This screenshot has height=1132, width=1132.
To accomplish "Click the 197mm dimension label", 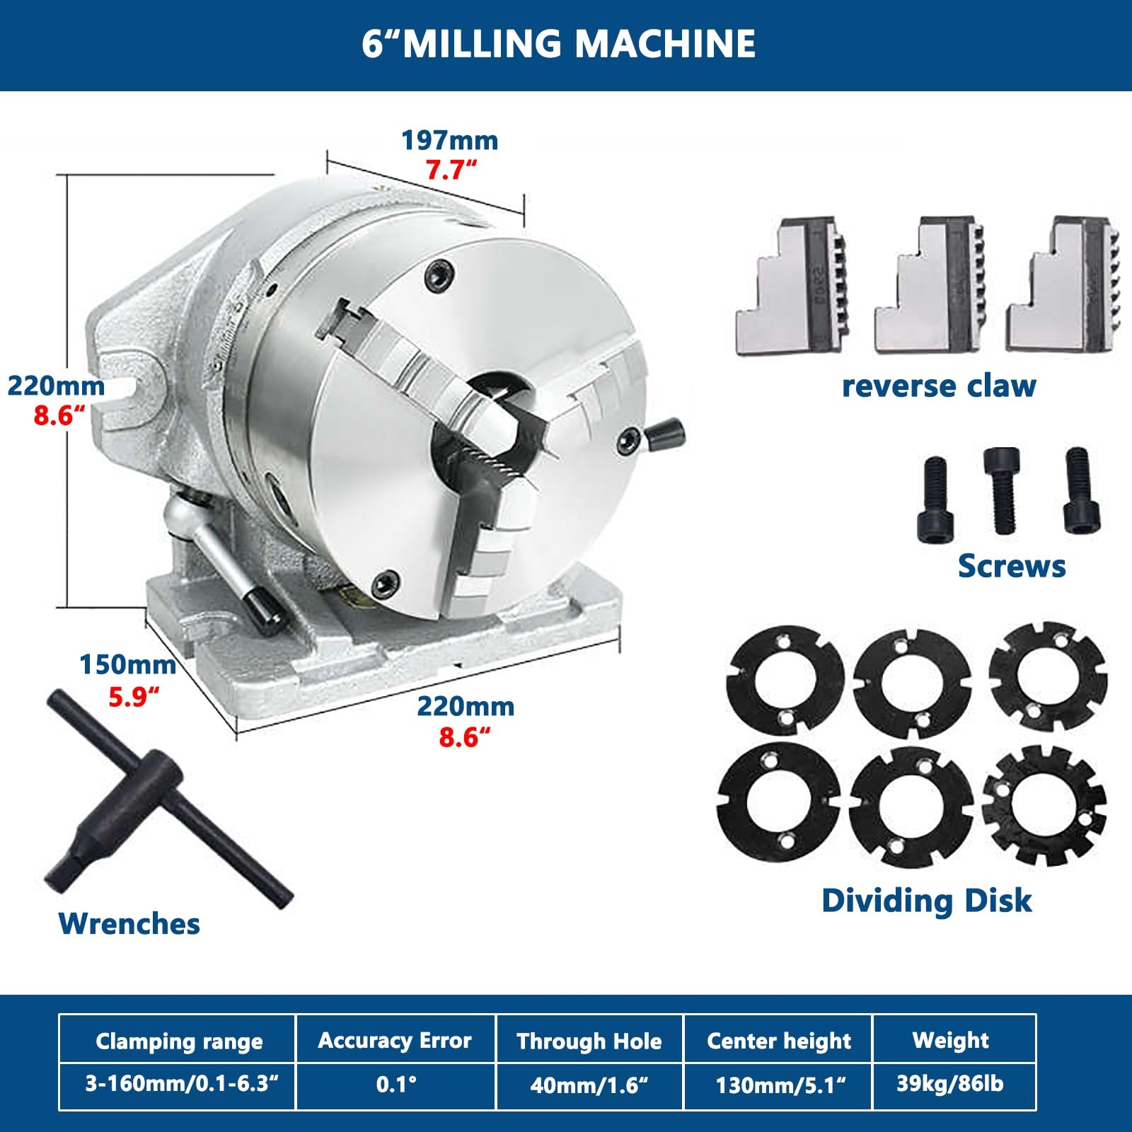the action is tap(450, 140).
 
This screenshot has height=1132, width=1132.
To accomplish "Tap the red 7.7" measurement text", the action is tap(451, 170).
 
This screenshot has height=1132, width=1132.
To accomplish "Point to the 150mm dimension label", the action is tap(127, 665).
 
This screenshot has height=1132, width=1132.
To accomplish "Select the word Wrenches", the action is tap(129, 923).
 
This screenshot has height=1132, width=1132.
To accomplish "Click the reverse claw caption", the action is tap(939, 386).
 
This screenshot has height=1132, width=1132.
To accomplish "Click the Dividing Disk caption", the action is tap(927, 901).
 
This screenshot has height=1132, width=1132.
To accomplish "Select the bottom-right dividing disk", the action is tap(1044, 806).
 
